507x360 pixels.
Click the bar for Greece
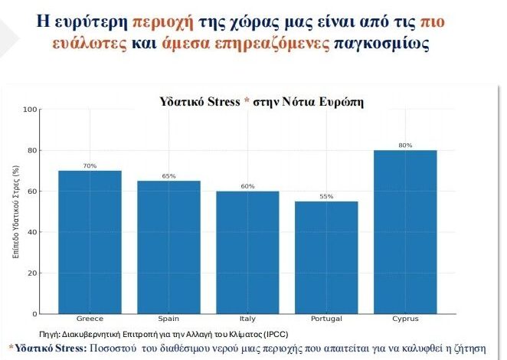coord(90,241)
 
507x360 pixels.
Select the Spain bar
coord(168,247)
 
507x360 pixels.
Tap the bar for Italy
coord(247,252)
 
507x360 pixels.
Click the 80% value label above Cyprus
coord(405,146)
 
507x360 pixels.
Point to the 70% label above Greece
coord(90,166)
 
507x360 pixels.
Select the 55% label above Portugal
coord(326,197)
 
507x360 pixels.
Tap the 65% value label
coord(168,176)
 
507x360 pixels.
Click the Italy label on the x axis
coord(247,319)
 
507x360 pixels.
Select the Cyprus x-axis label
coord(405,319)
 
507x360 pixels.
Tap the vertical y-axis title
coord(15,211)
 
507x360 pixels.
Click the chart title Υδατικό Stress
coord(199,101)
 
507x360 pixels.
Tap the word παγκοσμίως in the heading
coord(381,43)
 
